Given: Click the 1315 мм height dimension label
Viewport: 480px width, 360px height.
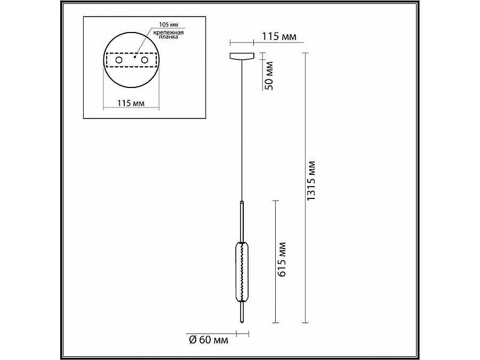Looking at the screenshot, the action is [x=311, y=181].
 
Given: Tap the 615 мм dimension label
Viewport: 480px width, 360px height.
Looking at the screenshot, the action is [x=281, y=260].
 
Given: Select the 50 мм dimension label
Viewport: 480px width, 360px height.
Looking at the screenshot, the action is [x=268, y=76].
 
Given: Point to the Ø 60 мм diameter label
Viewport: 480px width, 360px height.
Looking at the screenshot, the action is [x=209, y=340].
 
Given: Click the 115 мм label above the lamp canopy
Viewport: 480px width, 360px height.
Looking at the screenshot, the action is [x=279, y=36].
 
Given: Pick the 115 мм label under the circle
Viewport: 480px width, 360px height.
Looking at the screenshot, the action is [x=131, y=103].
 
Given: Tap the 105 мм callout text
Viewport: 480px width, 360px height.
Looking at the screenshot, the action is [x=169, y=25].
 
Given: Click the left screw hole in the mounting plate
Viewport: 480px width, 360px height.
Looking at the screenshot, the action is [x=119, y=60].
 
